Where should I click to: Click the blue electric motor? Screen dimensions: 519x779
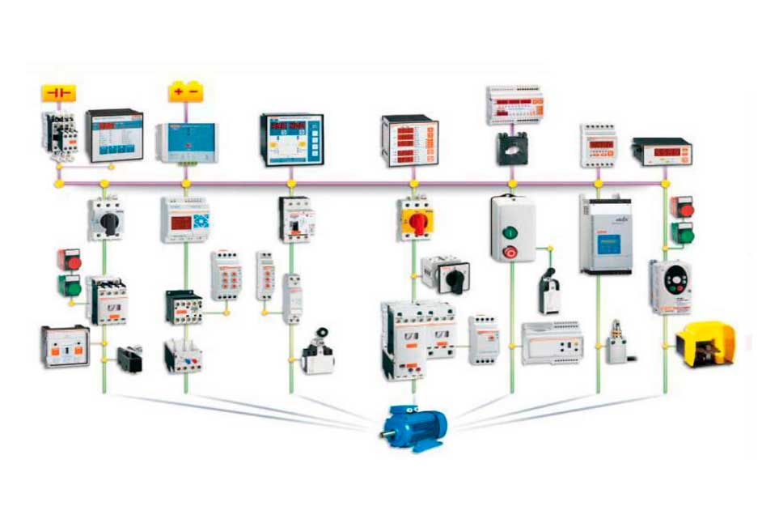pos(414,426)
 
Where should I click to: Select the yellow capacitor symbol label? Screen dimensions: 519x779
pos(58,92)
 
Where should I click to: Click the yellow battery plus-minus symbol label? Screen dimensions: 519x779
pos(186,91)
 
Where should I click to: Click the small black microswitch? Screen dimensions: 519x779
pos(129,359)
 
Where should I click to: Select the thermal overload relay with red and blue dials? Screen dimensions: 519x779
pos(183,356)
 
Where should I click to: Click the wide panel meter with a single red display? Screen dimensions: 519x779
pos(661,152)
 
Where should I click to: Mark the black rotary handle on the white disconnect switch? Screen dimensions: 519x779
pos(107,221)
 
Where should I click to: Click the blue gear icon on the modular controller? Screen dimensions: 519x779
pos(198,219)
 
